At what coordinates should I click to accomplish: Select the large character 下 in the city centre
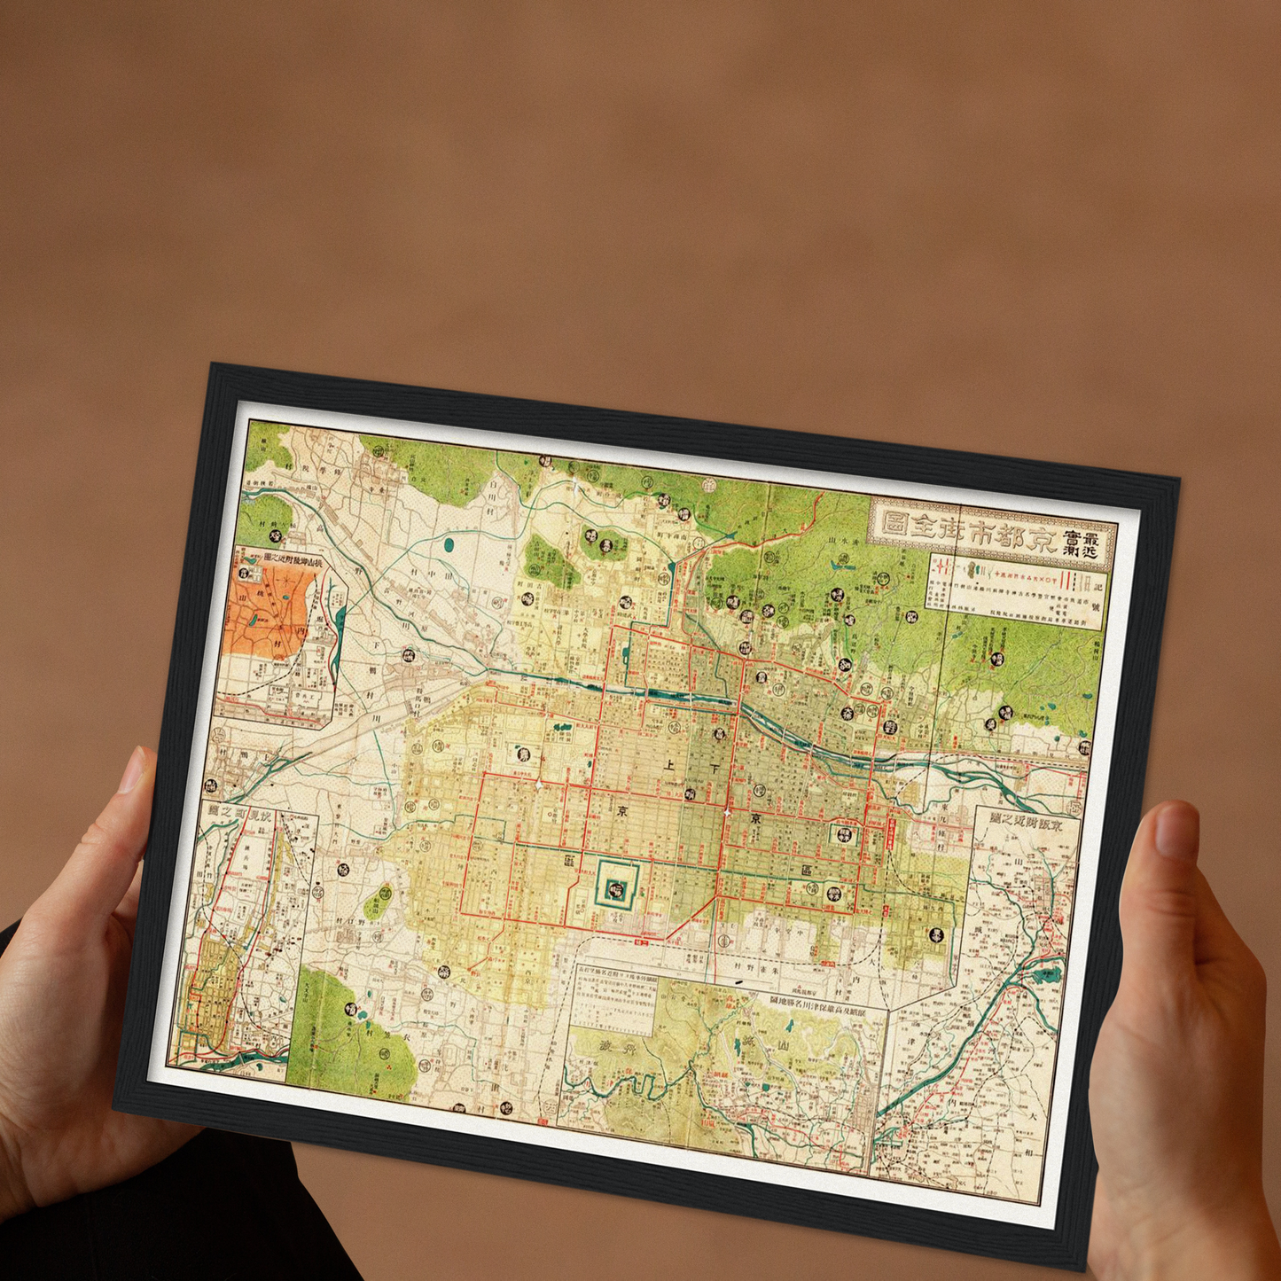tap(715, 770)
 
